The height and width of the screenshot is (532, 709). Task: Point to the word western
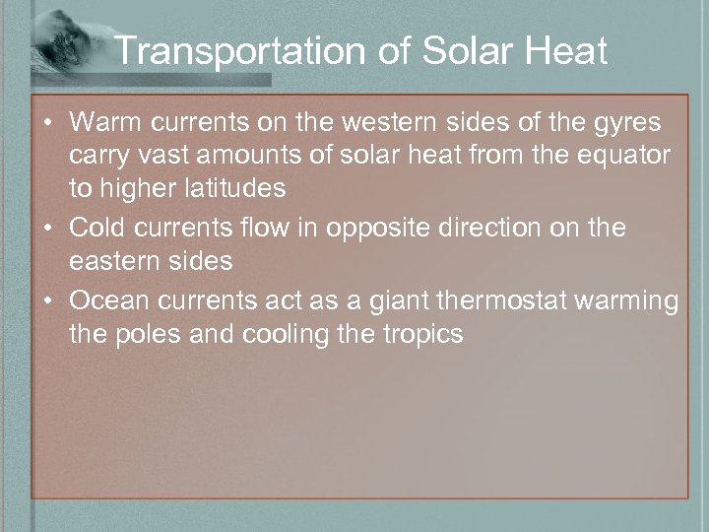[425, 123]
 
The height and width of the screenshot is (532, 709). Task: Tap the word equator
[624, 156]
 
